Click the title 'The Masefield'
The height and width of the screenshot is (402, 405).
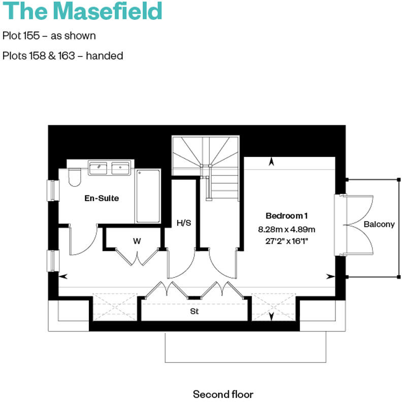[x=82, y=11]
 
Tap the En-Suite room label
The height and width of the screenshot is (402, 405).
[x=102, y=198]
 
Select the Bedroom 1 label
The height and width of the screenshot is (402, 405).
[x=287, y=215]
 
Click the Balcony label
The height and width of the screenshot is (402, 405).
[x=379, y=224]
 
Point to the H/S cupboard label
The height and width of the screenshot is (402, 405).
[x=184, y=223]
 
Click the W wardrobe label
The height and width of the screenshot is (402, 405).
[x=137, y=241]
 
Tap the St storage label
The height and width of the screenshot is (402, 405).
[x=194, y=311]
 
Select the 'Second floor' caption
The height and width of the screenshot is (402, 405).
[x=223, y=394]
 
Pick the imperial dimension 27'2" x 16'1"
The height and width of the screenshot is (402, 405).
[x=287, y=241]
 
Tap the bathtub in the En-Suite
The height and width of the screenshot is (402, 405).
[x=148, y=196]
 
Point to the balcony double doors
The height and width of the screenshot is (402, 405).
[x=355, y=225]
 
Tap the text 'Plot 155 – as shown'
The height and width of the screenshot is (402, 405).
[x=49, y=36]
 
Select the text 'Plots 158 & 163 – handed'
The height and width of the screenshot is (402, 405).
[x=62, y=56]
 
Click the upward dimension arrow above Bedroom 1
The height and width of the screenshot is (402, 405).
[x=272, y=162]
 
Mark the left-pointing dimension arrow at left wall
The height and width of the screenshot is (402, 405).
[x=63, y=277]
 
